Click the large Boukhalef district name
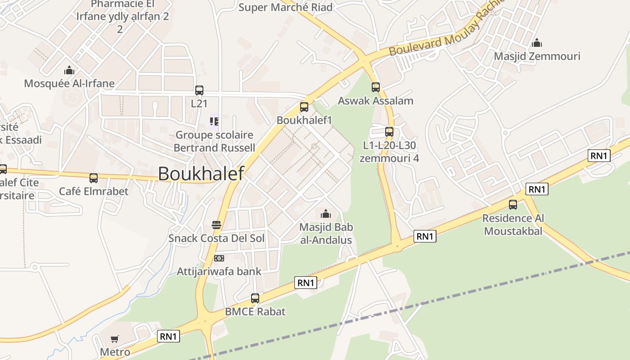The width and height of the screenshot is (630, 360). tap(201, 174)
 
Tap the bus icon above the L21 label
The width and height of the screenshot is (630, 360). tap(199, 90)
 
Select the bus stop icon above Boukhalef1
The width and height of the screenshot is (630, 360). tap(304, 107)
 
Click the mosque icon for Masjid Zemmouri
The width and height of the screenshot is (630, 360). tap(537, 43)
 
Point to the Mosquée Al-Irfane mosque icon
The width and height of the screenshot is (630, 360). tap(69, 70)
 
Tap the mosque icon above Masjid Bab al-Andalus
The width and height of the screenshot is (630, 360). tap(326, 214)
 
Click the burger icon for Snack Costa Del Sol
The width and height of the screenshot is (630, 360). tap(216, 225)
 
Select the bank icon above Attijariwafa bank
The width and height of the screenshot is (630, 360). tap(219, 258)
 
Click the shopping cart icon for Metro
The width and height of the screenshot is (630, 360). tap(115, 339)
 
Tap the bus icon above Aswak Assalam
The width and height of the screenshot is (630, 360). tap(376, 87)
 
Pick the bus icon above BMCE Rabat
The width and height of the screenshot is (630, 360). tap(255, 298)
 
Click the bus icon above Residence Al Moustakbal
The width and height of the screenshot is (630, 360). tap(513, 205)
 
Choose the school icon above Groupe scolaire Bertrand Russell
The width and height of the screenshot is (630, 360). tap(214, 121)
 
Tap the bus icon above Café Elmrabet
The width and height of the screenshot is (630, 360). tap(94, 178)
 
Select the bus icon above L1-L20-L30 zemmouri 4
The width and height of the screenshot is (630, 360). tap(389, 132)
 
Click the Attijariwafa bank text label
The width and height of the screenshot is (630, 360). tap(219, 271)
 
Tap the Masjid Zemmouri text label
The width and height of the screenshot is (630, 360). tap(537, 56)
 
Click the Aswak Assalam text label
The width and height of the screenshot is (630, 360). tap(376, 100)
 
